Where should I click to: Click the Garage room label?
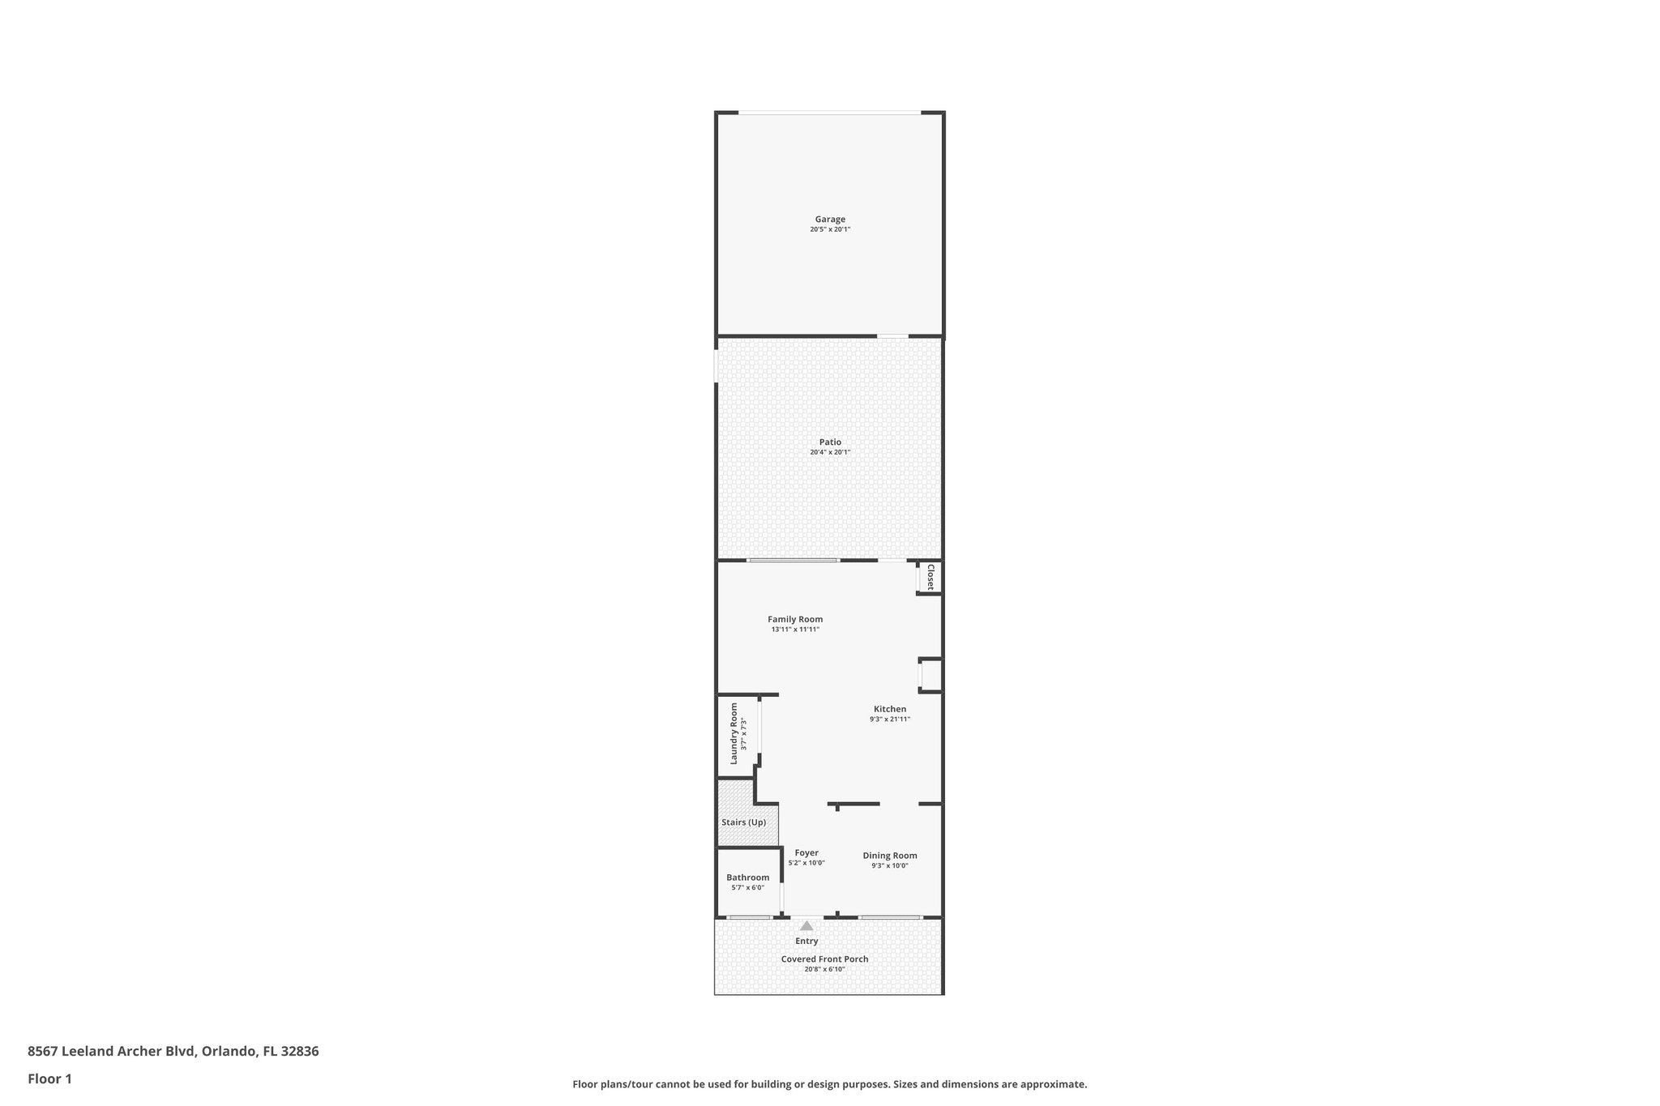coord(830,219)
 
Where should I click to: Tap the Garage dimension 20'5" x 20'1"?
coord(830,229)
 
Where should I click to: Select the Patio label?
coord(830,442)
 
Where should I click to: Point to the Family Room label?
coord(795,619)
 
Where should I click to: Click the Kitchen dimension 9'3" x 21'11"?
coord(889,720)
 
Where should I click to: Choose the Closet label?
coord(931,577)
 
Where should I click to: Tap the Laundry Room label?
coord(734,733)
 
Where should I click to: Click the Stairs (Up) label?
coord(743,822)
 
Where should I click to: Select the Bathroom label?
coord(747,878)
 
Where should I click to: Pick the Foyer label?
coord(806,852)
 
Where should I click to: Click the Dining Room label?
coord(889,856)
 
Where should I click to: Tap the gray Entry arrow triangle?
coord(806,925)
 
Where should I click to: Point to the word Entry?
coord(806,941)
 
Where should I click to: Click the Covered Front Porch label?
coord(824,959)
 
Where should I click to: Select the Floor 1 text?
coord(49,1078)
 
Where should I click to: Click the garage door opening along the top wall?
coord(829,113)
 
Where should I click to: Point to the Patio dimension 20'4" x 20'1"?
coord(830,452)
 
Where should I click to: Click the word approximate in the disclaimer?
coord(1053,1084)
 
